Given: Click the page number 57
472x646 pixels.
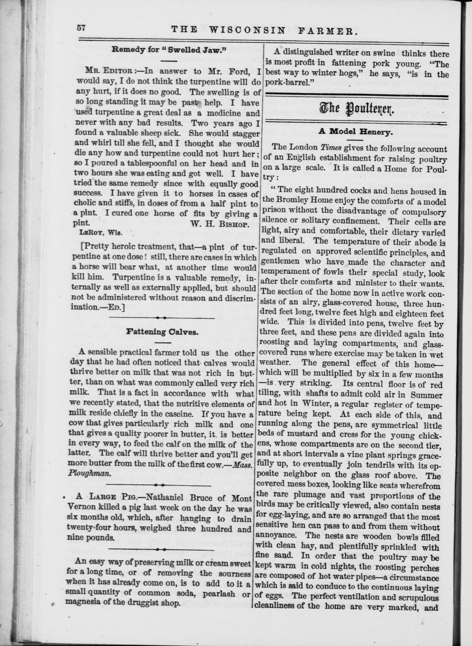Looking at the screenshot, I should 81,28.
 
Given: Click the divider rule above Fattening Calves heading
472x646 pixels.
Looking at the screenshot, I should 162,318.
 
